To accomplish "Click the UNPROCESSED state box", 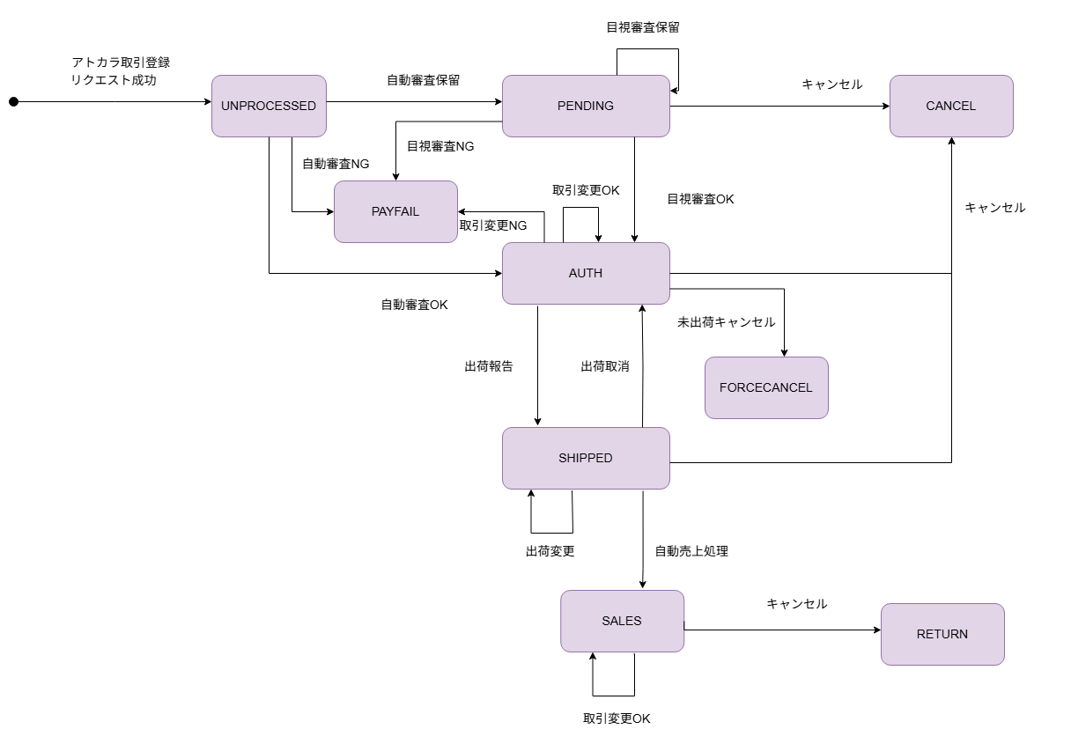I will click(269, 106).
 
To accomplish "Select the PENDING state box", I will click(586, 106).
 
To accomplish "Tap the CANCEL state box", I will click(951, 106).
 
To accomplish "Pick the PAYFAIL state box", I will click(395, 211).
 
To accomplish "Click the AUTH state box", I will click(586, 273).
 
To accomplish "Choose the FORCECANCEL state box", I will click(766, 387).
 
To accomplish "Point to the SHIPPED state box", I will click(586, 458).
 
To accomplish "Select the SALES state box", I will click(622, 621).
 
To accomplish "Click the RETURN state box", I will click(942, 634).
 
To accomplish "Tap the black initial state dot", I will click(13, 102).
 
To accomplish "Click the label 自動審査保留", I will click(423, 80).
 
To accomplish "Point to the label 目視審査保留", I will click(643, 27).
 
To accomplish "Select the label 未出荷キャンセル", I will click(727, 322).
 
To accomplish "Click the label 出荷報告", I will click(489, 366).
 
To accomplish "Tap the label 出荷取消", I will click(605, 366).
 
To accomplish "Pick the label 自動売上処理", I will click(691, 551).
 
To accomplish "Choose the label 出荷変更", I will click(550, 551).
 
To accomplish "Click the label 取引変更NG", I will click(493, 225).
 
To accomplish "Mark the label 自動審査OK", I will click(414, 305).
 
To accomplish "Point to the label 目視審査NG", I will click(440, 146).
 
